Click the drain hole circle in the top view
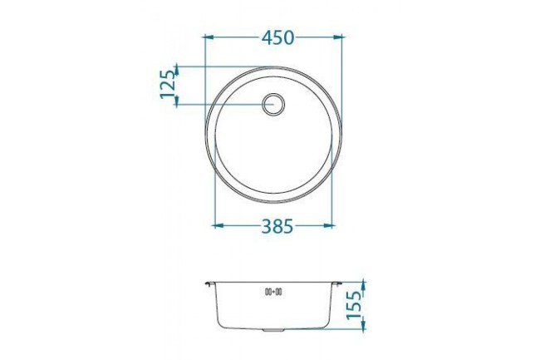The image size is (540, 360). pos(274,104)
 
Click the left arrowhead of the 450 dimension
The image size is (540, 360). pos(209,37)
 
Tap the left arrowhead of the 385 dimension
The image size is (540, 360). pos(218,224)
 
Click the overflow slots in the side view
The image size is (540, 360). pos(273,291)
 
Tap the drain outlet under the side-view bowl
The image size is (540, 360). pos(273,331)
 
